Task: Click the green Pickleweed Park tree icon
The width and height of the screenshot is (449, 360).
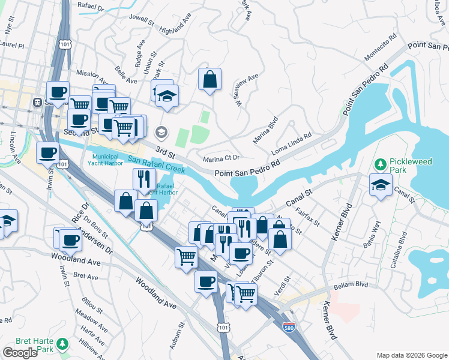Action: pos(379,164)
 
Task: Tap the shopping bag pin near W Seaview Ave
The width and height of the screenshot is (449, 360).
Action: pos(210,80)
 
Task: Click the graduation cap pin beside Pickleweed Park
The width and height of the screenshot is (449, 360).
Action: pos(381,185)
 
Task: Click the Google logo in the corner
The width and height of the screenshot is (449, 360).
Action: pos(20,353)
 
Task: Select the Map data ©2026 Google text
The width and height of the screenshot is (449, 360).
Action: pos(411,355)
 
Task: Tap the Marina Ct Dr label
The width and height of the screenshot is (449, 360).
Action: pos(221,158)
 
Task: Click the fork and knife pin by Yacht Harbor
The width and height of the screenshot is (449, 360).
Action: pos(143,179)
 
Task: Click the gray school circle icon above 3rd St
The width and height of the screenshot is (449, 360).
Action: pos(161,132)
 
